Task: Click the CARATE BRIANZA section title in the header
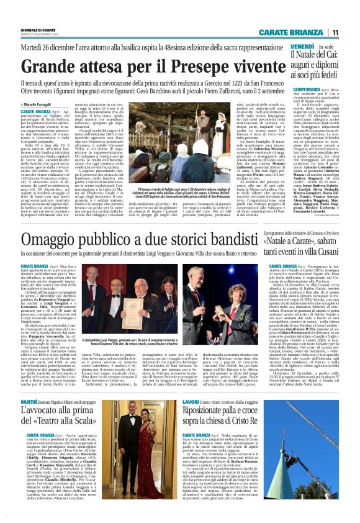(298, 32)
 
